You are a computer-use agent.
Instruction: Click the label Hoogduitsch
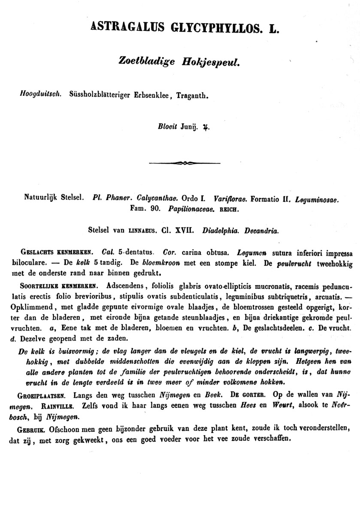click(x=42, y=94)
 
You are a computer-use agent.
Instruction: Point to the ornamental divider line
click(x=184, y=163)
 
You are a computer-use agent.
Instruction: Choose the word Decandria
click(x=261, y=230)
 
